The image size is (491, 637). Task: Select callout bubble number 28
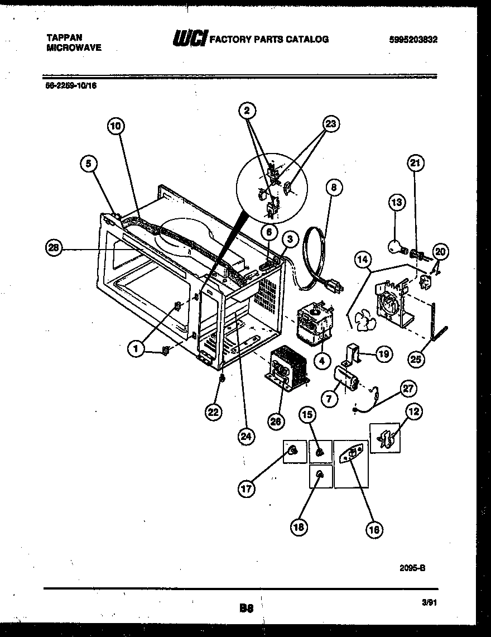pyautogui.click(x=54, y=250)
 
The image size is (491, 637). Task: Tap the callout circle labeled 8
pyautogui.click(x=333, y=188)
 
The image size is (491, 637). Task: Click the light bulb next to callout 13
pyautogui.click(x=397, y=245)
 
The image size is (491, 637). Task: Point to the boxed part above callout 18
pyautogui.click(x=321, y=475)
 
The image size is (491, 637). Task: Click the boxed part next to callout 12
pyautogui.click(x=385, y=438)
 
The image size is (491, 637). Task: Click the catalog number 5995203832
pyautogui.click(x=413, y=39)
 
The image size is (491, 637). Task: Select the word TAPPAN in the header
pyautogui.click(x=64, y=37)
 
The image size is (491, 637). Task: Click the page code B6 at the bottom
pyautogui.click(x=246, y=609)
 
